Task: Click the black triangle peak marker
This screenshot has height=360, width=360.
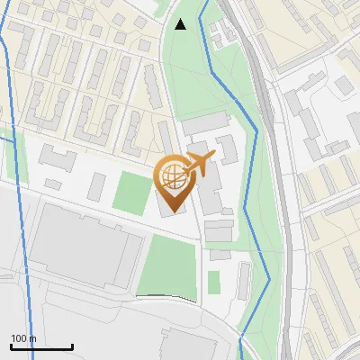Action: coord(181,25)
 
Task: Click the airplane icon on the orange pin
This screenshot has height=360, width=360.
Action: coord(201,162)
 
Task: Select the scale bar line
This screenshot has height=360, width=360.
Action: coord(41,347)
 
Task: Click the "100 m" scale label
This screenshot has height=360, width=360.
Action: coord(23,338)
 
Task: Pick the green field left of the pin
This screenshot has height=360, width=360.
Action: coord(132,192)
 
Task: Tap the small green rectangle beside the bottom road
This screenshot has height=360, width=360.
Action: coord(214,282)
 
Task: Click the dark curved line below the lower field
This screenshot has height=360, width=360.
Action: coord(166,296)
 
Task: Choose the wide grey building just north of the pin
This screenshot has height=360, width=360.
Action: coord(208,122)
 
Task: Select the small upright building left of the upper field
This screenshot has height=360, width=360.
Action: coord(97,186)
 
